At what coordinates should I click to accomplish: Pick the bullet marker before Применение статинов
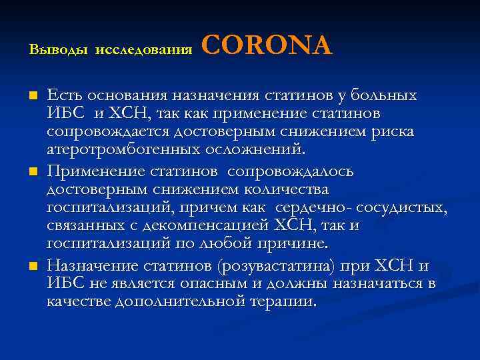[33, 171]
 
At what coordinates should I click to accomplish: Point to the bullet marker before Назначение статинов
[33, 267]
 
